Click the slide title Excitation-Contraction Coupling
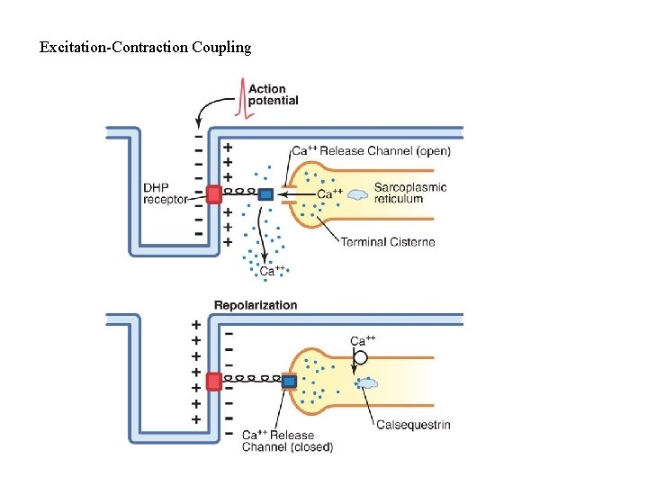click(x=145, y=47)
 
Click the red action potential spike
click(x=240, y=98)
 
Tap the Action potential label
click(x=273, y=94)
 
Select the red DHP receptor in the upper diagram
click(x=213, y=193)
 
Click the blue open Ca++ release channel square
click(x=265, y=193)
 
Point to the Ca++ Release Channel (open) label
click(x=371, y=150)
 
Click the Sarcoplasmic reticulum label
click(x=410, y=193)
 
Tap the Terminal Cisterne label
click(x=387, y=241)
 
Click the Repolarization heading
click(x=255, y=305)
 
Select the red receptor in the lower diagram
click(x=213, y=381)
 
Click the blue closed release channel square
click(x=289, y=381)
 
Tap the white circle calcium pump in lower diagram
click(x=360, y=358)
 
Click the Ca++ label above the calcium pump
click(x=362, y=340)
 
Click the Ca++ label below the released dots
click(x=272, y=271)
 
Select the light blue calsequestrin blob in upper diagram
click(x=358, y=193)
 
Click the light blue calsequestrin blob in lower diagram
click(x=366, y=382)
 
